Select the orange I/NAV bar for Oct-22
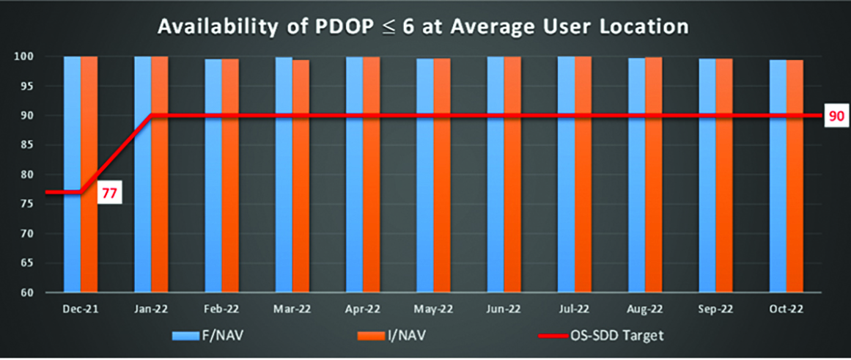pos(795,176)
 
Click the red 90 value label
pos(835,116)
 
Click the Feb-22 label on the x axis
pos(221,309)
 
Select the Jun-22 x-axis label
pos(504,309)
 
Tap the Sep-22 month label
pos(715,309)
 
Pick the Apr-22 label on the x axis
pos(363,309)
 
